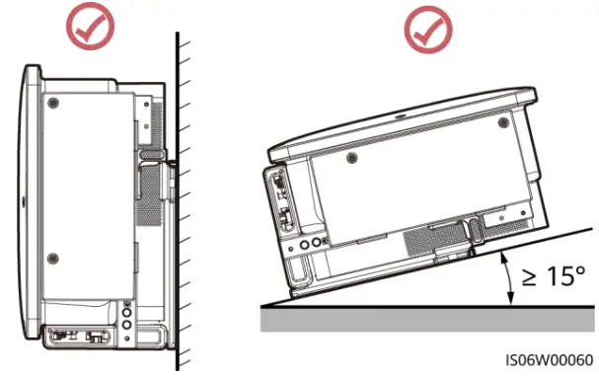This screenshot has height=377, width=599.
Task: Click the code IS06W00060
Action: point(547,359)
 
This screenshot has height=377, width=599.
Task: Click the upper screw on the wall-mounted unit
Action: point(54,102)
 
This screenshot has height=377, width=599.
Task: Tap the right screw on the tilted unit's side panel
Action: point(503,123)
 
